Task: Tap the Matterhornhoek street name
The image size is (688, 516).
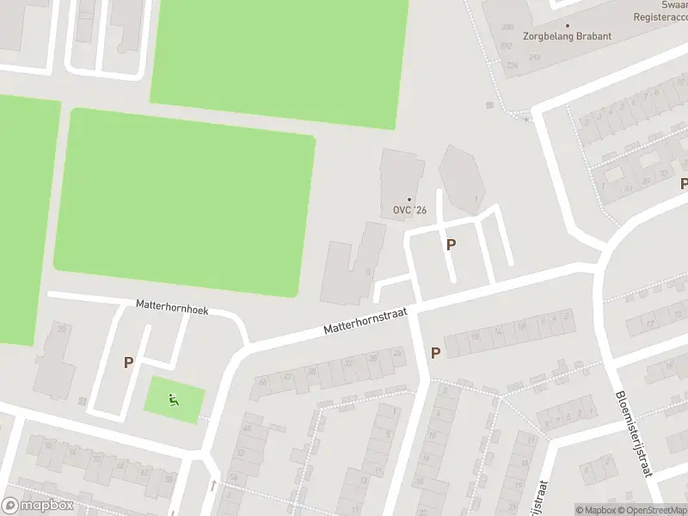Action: point(172,306)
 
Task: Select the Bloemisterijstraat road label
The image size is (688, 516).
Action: point(634,433)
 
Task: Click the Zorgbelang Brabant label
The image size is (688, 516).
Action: point(568,36)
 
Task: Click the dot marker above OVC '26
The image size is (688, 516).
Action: point(409,200)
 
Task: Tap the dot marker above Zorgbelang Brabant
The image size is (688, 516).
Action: point(568,25)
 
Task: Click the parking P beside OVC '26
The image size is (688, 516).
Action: point(451,244)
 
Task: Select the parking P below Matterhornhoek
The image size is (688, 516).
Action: point(128,363)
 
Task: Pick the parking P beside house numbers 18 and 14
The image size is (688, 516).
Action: point(435,353)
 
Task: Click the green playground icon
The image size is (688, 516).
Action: point(174,398)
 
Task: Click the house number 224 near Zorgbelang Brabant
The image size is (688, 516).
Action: point(513,64)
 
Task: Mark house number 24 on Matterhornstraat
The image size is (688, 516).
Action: point(396,353)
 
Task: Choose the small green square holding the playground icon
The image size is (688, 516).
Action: point(174,399)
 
